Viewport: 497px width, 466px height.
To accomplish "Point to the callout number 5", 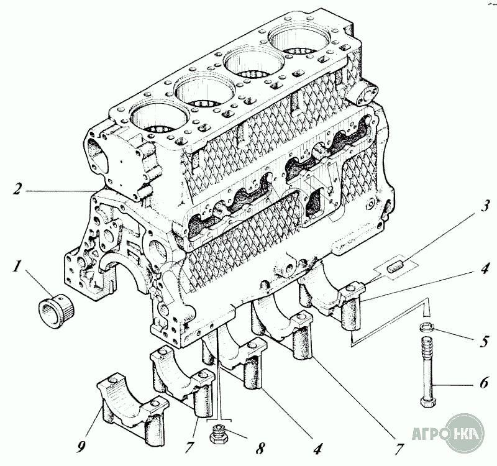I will coord(485,340).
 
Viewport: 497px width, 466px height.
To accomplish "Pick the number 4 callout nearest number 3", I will coord(485,268).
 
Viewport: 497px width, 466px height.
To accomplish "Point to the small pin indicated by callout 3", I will coord(393,269).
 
